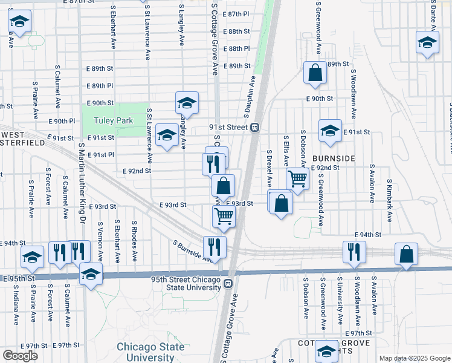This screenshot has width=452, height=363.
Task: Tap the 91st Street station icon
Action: (256, 127)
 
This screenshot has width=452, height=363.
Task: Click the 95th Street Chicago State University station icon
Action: (228, 284)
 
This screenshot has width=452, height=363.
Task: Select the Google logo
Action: (20, 356)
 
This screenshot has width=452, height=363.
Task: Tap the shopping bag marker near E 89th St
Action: (315, 73)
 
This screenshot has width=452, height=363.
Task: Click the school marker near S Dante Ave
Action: (427, 43)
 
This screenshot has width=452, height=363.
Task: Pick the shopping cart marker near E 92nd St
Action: (297, 179)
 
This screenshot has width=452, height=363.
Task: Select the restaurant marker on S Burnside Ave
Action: (215, 246)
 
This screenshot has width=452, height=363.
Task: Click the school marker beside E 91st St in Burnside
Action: (330, 132)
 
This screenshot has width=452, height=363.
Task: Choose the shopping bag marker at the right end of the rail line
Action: (407, 254)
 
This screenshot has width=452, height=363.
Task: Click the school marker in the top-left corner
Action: (19, 22)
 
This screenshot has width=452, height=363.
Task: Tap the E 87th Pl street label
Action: (236, 14)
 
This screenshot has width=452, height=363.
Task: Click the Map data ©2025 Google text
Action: (414, 358)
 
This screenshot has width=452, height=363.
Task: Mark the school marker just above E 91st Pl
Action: (167, 135)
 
